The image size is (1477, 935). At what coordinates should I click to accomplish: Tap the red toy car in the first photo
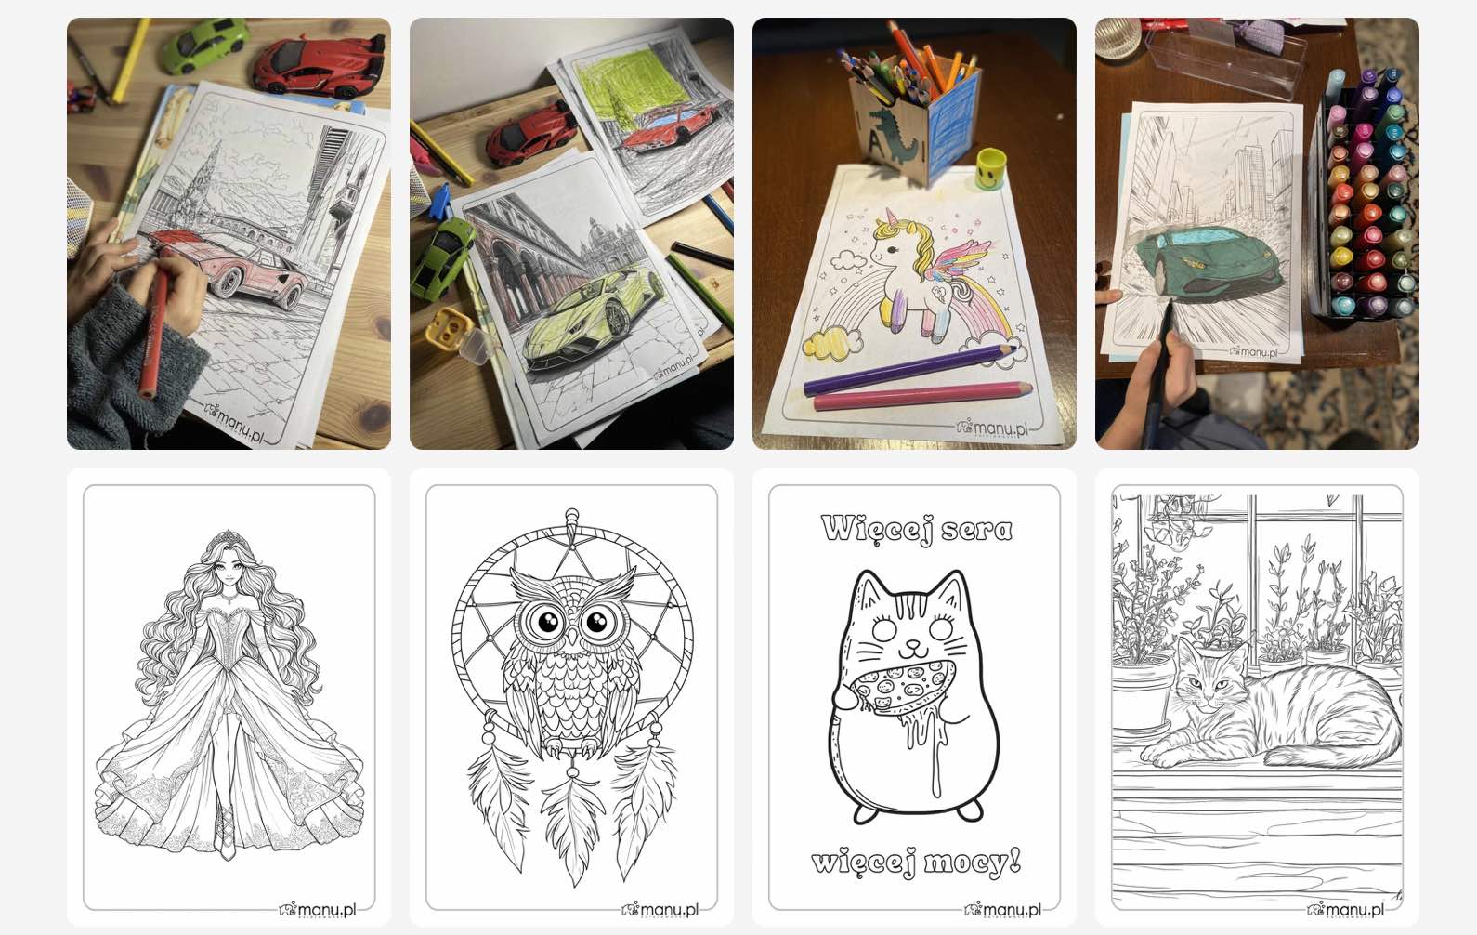pyautogui.click(x=320, y=65)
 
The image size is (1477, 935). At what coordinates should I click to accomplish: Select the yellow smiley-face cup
pyautogui.click(x=989, y=168)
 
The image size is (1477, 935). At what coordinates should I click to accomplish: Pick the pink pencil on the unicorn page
pyautogui.click(x=922, y=395)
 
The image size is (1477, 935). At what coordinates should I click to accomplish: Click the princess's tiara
pyautogui.click(x=228, y=538)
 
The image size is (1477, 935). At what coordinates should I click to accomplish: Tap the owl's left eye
pyautogui.click(x=546, y=621)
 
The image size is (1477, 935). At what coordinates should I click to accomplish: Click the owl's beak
pyautogui.click(x=571, y=637)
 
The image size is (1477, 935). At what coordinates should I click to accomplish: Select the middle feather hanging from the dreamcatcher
pyautogui.click(x=572, y=827)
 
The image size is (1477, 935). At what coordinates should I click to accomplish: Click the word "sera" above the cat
pyautogui.click(x=976, y=529)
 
